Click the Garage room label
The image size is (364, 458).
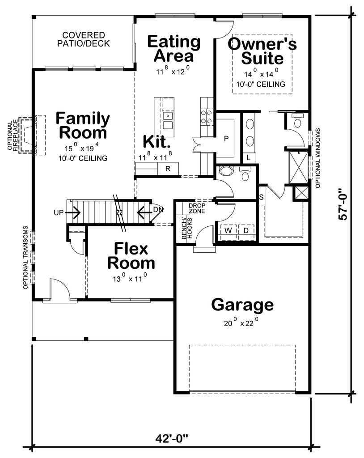242,305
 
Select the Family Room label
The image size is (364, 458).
83,126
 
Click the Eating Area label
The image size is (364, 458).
174,49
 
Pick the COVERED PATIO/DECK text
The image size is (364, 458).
84,39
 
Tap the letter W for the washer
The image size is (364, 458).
228,231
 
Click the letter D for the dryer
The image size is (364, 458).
245,231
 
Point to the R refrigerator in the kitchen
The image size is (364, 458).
168,169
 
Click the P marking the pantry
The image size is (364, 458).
226,138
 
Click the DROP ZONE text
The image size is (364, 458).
197,208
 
